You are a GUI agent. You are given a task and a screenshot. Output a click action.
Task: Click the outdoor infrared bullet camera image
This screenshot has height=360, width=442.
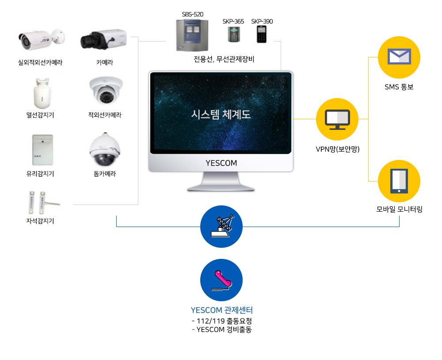pyautogui.click(x=42, y=40)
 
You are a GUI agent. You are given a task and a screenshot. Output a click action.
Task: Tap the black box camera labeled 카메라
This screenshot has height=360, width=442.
pyautogui.click(x=103, y=39)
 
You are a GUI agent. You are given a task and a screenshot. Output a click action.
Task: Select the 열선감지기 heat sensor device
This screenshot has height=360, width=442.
pyautogui.click(x=42, y=93)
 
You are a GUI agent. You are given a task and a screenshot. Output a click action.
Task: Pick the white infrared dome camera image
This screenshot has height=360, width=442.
pyautogui.click(x=106, y=91)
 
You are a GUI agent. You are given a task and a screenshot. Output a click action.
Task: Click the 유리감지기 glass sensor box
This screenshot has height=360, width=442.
pyautogui.click(x=42, y=150)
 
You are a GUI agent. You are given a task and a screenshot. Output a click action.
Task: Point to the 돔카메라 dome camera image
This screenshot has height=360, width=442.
pyautogui.click(x=105, y=150)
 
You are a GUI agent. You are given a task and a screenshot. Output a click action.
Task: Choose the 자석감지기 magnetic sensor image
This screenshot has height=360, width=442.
pyautogui.click(x=43, y=203)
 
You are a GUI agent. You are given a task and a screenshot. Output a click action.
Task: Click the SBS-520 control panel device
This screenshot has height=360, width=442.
pyautogui.click(x=192, y=35)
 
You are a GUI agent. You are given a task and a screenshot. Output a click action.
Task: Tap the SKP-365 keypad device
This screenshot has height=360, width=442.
pyautogui.click(x=234, y=34)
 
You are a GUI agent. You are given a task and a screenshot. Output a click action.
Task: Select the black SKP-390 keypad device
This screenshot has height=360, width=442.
pyautogui.click(x=262, y=34)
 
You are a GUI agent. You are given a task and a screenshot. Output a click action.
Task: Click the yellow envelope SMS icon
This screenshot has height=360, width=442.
pyautogui.click(x=399, y=57)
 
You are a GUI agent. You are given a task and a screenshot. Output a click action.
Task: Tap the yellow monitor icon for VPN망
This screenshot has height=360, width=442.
pyautogui.click(x=337, y=119)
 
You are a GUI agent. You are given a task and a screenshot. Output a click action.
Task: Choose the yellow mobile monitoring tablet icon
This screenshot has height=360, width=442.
pyautogui.click(x=399, y=181)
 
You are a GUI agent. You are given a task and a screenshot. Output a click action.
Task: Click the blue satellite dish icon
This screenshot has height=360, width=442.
pyautogui.click(x=221, y=227)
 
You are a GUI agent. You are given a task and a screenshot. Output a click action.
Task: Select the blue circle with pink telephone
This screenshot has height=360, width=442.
pyautogui.click(x=221, y=280)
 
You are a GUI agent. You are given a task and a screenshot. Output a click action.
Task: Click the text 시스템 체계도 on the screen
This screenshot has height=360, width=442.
pyautogui.click(x=221, y=114)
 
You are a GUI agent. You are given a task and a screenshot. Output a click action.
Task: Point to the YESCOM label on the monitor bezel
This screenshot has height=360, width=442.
pyautogui.click(x=221, y=163)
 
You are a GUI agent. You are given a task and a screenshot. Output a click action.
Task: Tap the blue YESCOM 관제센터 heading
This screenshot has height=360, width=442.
pyautogui.click(x=222, y=310)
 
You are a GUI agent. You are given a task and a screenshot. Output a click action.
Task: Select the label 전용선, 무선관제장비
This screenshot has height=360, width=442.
pyautogui.click(x=224, y=59)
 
